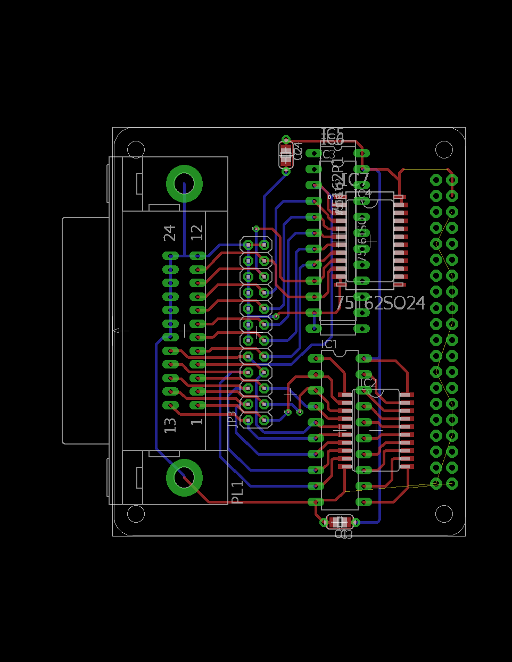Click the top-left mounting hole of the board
[136, 149]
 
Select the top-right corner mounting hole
[444, 149]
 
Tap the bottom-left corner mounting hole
[136, 514]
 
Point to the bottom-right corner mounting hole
[444, 514]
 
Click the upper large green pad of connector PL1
[184, 183]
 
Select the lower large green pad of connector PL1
[184, 477]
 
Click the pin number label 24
[170, 233]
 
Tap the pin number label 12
[197, 233]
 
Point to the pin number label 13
[170, 425]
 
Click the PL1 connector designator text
[237, 492]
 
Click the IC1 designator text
[329, 345]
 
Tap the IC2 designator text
[368, 383]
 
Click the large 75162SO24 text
[381, 303]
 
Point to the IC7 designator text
[355, 180]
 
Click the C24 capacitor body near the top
[286, 155]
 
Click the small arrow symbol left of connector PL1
[121, 331]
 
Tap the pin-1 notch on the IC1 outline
[340, 352]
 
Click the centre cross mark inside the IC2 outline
[376, 429]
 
